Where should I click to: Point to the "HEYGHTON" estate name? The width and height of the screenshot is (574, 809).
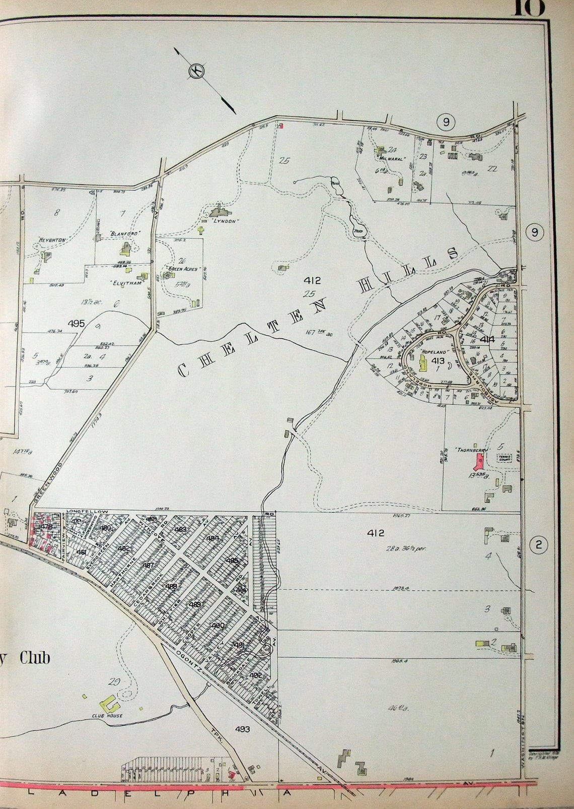[x=52, y=240]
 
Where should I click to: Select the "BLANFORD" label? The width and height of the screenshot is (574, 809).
[x=124, y=233]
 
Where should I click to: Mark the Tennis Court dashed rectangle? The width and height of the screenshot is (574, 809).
[x=504, y=458]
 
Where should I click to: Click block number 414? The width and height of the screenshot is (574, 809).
[x=487, y=340]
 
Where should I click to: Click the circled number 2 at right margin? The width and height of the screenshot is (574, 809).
[x=539, y=544]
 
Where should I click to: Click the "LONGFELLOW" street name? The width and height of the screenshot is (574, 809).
[x=87, y=512]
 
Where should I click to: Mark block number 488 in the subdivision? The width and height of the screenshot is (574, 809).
[x=171, y=586]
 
